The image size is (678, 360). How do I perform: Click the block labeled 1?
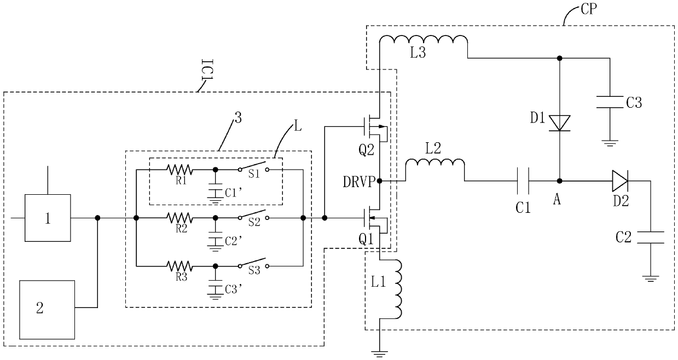pyautogui.click(x=48, y=218)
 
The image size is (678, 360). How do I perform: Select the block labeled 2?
pyautogui.click(x=47, y=310)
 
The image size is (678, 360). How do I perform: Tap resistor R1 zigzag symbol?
pyautogui.click(x=179, y=170)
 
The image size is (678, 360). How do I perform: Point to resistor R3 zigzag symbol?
pyautogui.click(x=179, y=266)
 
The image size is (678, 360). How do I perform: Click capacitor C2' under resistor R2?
pyautogui.click(x=215, y=241)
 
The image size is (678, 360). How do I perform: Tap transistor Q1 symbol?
pyautogui.click(x=375, y=218)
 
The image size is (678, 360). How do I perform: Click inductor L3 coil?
pyautogui.click(x=424, y=40)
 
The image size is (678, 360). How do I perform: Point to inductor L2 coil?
pyautogui.click(x=435, y=164)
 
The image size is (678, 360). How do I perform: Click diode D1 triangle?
pyautogui.click(x=560, y=123)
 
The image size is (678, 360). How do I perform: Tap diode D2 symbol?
pyautogui.click(x=620, y=181)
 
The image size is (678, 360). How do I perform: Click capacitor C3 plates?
pyautogui.click(x=610, y=102)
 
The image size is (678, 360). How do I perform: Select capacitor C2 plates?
pyautogui.click(x=651, y=237)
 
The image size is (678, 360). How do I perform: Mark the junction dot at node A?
pyautogui.click(x=560, y=181)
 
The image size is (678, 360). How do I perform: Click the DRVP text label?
pyautogui.click(x=359, y=182)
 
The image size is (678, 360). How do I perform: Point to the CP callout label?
pyautogui.click(x=589, y=9)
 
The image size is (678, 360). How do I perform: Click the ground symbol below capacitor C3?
pyautogui.click(x=610, y=143)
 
